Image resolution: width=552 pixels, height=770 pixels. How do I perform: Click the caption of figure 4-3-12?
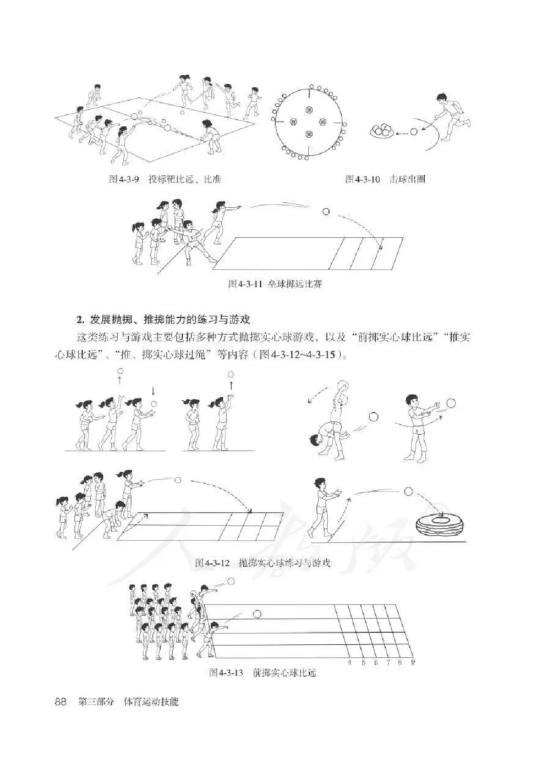(x=263, y=563)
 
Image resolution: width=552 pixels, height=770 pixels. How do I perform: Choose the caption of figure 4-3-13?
(x=266, y=673)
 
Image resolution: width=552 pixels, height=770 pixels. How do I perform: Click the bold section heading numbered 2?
(x=164, y=319)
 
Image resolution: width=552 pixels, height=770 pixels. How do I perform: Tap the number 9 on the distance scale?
(x=413, y=662)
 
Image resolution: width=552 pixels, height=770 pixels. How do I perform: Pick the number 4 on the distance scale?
(x=349, y=662)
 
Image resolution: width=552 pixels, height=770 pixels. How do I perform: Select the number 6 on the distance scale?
(x=375, y=662)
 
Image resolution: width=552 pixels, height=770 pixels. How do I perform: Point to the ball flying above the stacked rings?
(x=407, y=492)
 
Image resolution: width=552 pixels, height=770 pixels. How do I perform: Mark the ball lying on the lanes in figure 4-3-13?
(x=257, y=613)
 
